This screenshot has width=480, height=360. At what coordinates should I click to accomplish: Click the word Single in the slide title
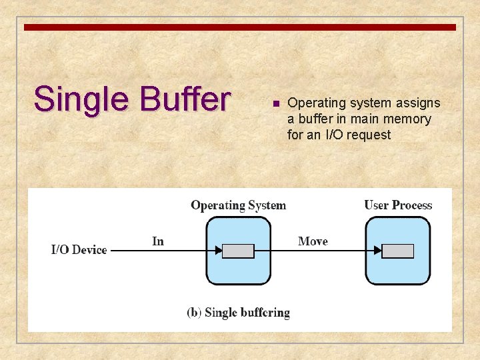point(81,99)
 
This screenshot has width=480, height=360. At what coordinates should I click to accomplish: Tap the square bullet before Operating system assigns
point(275,104)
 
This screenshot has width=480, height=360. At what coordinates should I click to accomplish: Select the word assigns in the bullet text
point(419,103)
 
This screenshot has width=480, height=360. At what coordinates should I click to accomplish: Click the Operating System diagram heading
point(238,205)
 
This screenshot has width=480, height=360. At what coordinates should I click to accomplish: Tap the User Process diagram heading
point(398,205)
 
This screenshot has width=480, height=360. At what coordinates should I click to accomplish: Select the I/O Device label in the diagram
point(79,250)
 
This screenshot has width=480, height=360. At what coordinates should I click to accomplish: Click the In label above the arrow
point(158,241)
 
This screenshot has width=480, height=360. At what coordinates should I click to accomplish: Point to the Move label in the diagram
point(313,241)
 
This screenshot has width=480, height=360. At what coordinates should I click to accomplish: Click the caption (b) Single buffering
point(238,312)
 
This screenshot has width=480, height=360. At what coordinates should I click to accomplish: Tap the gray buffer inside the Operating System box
point(238,251)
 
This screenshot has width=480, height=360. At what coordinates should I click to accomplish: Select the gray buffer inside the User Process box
point(398,251)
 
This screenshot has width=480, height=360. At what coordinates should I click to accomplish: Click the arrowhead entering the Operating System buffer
point(218,251)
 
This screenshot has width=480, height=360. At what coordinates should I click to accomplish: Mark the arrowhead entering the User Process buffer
point(378,251)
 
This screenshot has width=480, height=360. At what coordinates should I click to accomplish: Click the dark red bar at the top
point(240,27)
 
